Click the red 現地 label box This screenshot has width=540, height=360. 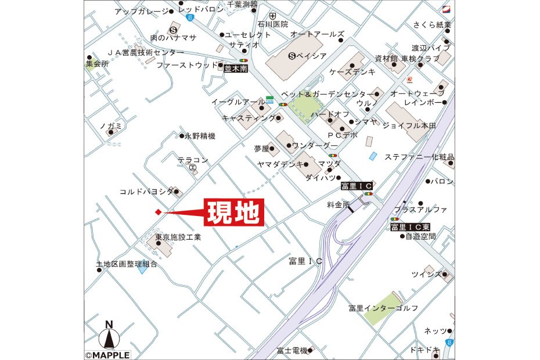[233, 213]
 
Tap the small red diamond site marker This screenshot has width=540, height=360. [157, 212]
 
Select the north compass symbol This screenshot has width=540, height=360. [108, 337]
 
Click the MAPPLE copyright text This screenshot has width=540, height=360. [107, 354]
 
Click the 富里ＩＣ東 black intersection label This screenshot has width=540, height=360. [410, 226]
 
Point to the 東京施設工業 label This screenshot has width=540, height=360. [178, 237]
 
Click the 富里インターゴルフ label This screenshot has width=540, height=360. [383, 307]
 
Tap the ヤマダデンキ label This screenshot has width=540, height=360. [280, 164]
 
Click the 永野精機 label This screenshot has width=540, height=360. [200, 136]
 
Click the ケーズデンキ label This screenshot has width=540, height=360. [352, 71]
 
